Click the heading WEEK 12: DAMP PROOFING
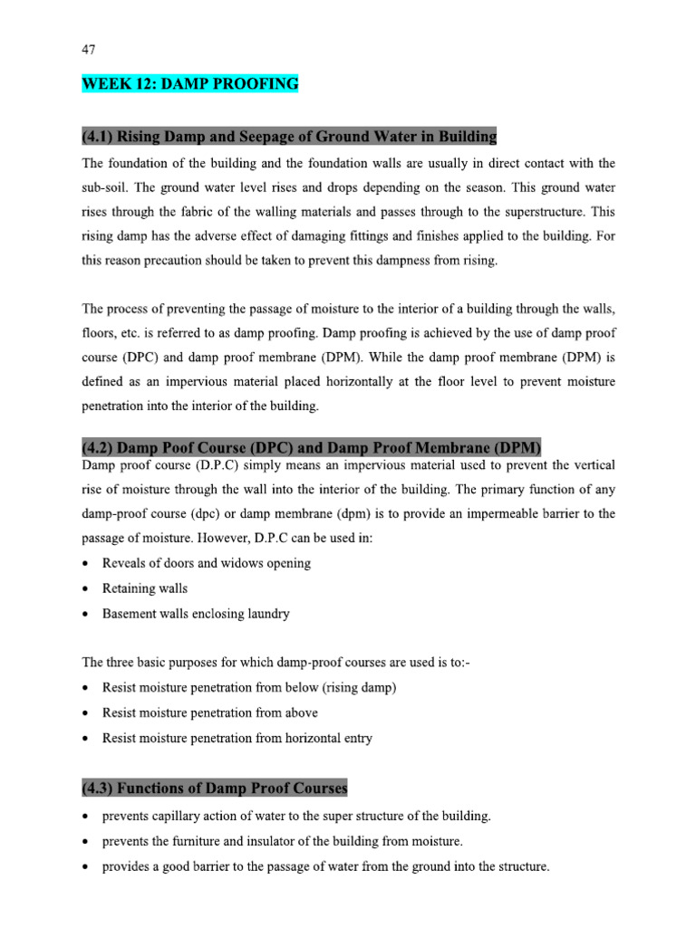(x=189, y=84)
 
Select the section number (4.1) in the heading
(x=99, y=137)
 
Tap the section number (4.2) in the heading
(x=99, y=448)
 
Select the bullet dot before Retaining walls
(x=86, y=588)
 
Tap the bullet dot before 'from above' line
(x=86, y=713)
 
